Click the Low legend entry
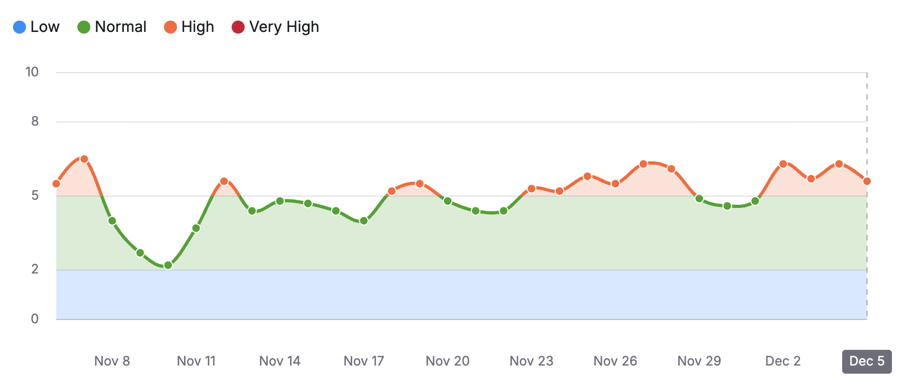(x=36, y=27)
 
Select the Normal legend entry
(x=112, y=27)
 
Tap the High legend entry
(x=189, y=27)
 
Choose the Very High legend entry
(x=275, y=27)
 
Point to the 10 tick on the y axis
(x=32, y=72)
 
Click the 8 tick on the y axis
(x=35, y=121)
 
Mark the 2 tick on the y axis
(x=35, y=269)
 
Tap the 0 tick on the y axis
(x=35, y=319)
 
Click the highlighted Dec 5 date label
(x=866, y=361)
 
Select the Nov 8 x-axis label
(x=112, y=361)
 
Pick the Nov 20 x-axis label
(x=448, y=361)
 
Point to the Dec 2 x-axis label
(x=783, y=361)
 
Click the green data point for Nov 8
(x=112, y=221)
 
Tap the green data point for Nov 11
(x=196, y=229)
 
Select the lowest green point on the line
(x=168, y=265)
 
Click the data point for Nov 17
(x=364, y=221)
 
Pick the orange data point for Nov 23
(x=531, y=189)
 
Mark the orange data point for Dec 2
(x=783, y=164)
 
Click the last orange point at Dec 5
(x=867, y=181)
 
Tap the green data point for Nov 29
(x=699, y=199)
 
